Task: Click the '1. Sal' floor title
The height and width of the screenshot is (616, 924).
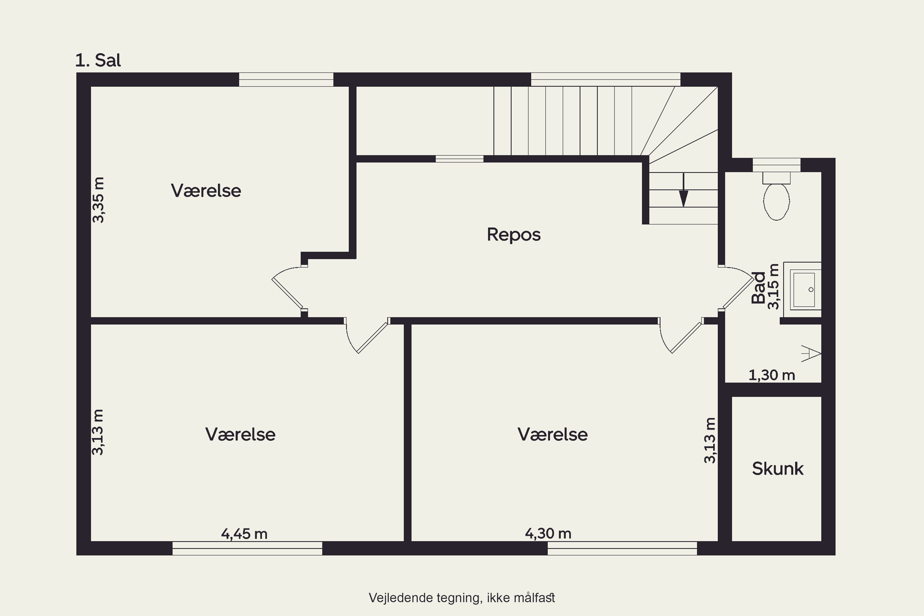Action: point(98,60)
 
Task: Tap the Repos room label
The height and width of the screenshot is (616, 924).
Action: point(513,234)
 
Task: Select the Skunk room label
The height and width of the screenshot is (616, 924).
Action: point(777,469)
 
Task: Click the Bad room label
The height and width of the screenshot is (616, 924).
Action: point(758,288)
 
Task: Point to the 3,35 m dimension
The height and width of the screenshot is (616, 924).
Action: point(98,200)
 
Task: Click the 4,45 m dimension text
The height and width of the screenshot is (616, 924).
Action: point(244,534)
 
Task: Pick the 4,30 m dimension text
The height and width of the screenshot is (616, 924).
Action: point(548,533)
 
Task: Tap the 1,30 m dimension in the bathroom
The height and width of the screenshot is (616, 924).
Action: point(772,375)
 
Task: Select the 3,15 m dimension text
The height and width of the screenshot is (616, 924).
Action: point(773,286)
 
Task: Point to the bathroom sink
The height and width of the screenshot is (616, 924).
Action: point(803,290)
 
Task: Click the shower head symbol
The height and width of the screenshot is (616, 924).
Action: point(811,354)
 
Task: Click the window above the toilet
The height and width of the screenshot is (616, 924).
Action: point(776,164)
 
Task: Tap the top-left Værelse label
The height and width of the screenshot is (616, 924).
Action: point(206,191)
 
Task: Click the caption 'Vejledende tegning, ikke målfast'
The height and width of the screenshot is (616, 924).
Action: point(462,598)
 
